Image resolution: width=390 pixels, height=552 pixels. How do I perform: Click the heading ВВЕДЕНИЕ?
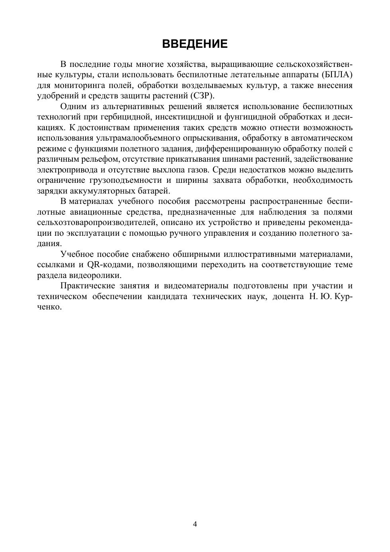click(195, 44)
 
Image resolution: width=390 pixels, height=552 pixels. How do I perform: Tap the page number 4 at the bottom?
click(195, 524)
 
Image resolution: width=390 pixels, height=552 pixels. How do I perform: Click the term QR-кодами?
click(109, 264)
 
